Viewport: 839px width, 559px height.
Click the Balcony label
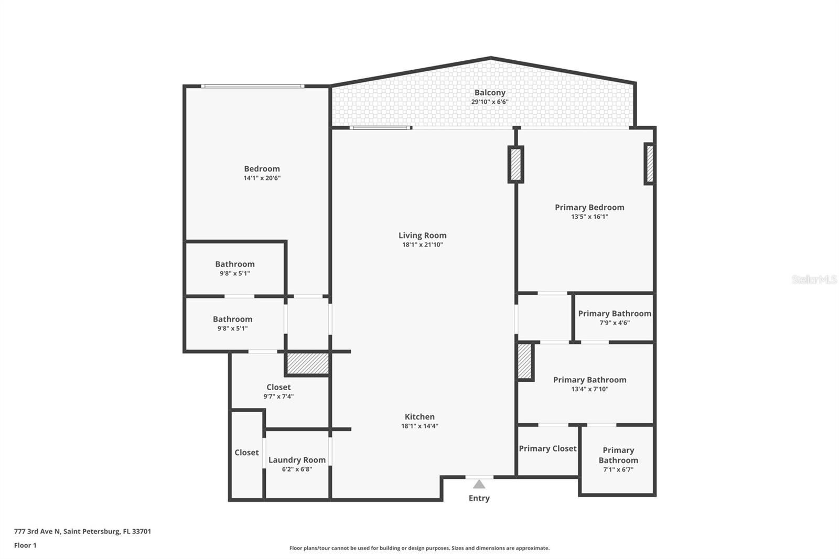[x=490, y=93]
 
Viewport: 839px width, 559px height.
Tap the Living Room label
[x=422, y=235]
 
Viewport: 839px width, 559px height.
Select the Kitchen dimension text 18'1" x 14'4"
[x=419, y=426]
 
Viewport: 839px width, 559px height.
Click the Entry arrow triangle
[x=479, y=484]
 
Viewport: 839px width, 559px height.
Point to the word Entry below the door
[x=479, y=498]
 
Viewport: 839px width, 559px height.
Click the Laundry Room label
[x=297, y=460]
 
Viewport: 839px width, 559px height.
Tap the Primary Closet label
[x=547, y=448]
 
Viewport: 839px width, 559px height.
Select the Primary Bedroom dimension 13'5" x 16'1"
[x=589, y=217]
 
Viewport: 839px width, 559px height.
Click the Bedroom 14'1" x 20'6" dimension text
[x=262, y=178]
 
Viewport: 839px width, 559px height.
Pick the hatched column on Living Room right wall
[x=516, y=164]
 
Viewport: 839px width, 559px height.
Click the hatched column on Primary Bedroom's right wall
[x=650, y=164]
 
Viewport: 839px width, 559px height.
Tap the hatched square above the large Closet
[x=307, y=363]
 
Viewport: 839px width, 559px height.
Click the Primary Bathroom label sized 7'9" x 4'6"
[x=615, y=314]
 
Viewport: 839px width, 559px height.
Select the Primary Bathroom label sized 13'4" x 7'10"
[x=589, y=380]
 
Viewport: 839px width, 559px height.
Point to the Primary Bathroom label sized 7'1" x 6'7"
[x=618, y=455]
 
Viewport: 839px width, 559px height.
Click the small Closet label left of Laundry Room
[x=246, y=453]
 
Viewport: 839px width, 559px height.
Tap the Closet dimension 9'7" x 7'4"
[x=278, y=397]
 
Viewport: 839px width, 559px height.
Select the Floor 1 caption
[x=25, y=545]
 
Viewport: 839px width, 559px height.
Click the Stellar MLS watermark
[x=814, y=279]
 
